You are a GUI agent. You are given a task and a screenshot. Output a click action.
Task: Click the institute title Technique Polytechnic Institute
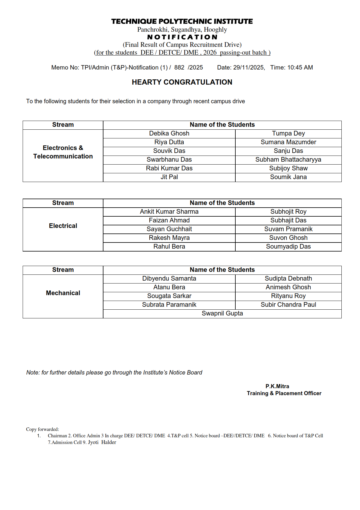[182, 21]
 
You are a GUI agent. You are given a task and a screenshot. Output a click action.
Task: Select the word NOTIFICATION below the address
[182, 37]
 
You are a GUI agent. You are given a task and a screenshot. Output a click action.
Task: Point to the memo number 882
[179, 67]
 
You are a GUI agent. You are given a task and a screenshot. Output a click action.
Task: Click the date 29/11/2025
[248, 67]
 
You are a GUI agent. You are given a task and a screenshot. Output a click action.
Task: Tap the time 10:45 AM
[300, 67]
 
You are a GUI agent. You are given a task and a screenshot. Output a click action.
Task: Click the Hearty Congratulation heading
[182, 82]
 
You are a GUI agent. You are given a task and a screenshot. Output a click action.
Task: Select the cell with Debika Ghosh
[169, 133]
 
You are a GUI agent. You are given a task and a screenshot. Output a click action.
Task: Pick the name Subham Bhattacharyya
[288, 160]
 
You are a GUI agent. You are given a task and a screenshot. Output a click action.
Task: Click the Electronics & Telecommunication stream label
[63, 152]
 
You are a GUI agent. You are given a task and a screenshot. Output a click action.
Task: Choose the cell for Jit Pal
[169, 177]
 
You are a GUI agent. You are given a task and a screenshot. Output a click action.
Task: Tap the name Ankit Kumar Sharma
[169, 212]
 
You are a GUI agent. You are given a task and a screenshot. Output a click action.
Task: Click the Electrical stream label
[63, 226]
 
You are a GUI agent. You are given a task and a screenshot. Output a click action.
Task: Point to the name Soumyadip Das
[288, 247]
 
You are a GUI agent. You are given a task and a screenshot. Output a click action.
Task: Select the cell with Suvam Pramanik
[288, 229]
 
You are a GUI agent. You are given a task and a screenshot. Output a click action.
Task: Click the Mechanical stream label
[63, 293]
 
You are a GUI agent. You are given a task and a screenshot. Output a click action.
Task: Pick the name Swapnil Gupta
[222, 313]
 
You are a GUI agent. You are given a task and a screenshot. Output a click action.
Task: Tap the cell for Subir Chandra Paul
[288, 305]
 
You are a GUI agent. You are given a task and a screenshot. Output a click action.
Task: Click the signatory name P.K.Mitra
[277, 386]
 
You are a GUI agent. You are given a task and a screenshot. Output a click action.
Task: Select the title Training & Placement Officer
[284, 393]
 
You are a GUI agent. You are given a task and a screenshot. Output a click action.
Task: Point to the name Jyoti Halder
[102, 442]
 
